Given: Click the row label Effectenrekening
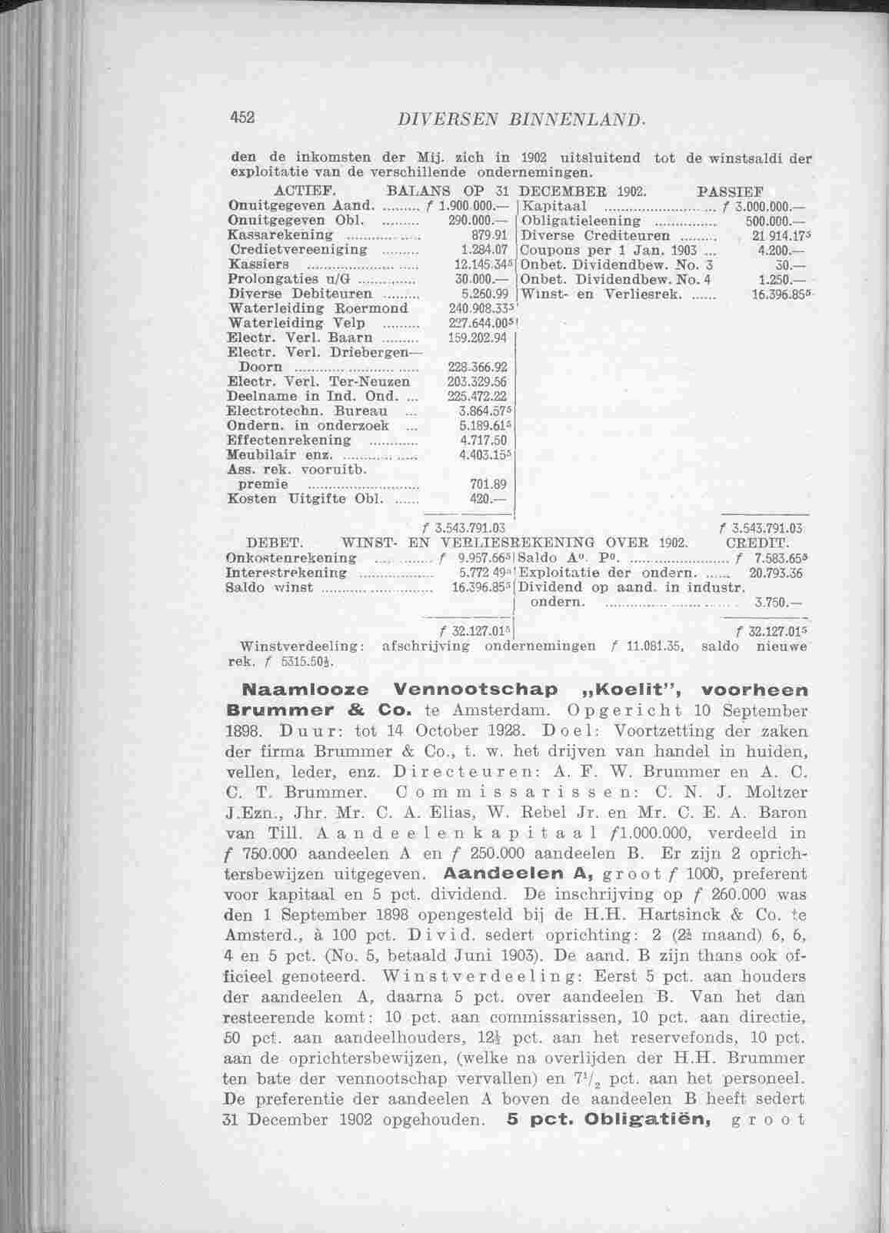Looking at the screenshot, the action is [290, 440].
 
